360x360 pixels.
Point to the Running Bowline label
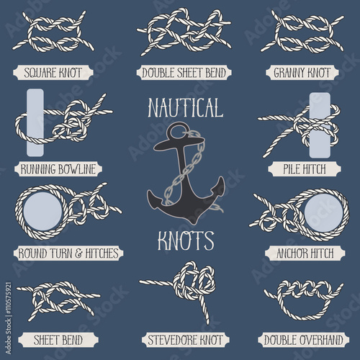click(58, 171)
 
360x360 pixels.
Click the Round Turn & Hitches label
click(58, 253)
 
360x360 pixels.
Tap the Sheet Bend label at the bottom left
click(58, 338)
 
